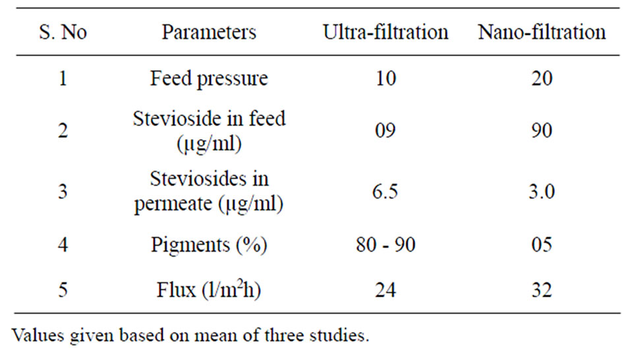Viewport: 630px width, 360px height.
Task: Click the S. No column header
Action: click(x=63, y=32)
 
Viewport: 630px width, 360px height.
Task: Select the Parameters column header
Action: click(x=209, y=32)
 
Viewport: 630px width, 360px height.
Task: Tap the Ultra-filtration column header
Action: click(x=386, y=32)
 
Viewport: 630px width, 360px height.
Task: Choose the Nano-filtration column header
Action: click(x=542, y=32)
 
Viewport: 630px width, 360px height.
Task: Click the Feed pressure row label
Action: click(x=209, y=78)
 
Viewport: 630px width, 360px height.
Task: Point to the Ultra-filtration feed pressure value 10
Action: click(x=386, y=78)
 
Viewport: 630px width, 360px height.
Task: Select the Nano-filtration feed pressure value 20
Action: click(x=542, y=78)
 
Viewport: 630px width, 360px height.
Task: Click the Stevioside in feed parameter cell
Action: click(x=209, y=131)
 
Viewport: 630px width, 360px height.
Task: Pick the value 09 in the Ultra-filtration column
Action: click(x=386, y=130)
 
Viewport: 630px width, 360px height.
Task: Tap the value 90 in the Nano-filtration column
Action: click(x=542, y=130)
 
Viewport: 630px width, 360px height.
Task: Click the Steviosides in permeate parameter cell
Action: click(x=209, y=192)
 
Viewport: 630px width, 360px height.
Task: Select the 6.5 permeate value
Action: click(x=385, y=191)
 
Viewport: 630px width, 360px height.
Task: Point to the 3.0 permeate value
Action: click(x=542, y=191)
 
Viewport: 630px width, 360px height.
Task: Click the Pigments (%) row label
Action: click(x=209, y=245)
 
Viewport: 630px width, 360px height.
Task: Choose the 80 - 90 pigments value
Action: click(x=386, y=245)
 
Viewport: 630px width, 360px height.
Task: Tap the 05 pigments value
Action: click(x=542, y=245)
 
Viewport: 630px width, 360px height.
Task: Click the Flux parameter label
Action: click(x=209, y=289)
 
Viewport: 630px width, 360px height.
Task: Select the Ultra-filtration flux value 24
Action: click(x=386, y=290)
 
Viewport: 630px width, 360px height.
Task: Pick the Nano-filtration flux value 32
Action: click(x=542, y=290)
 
